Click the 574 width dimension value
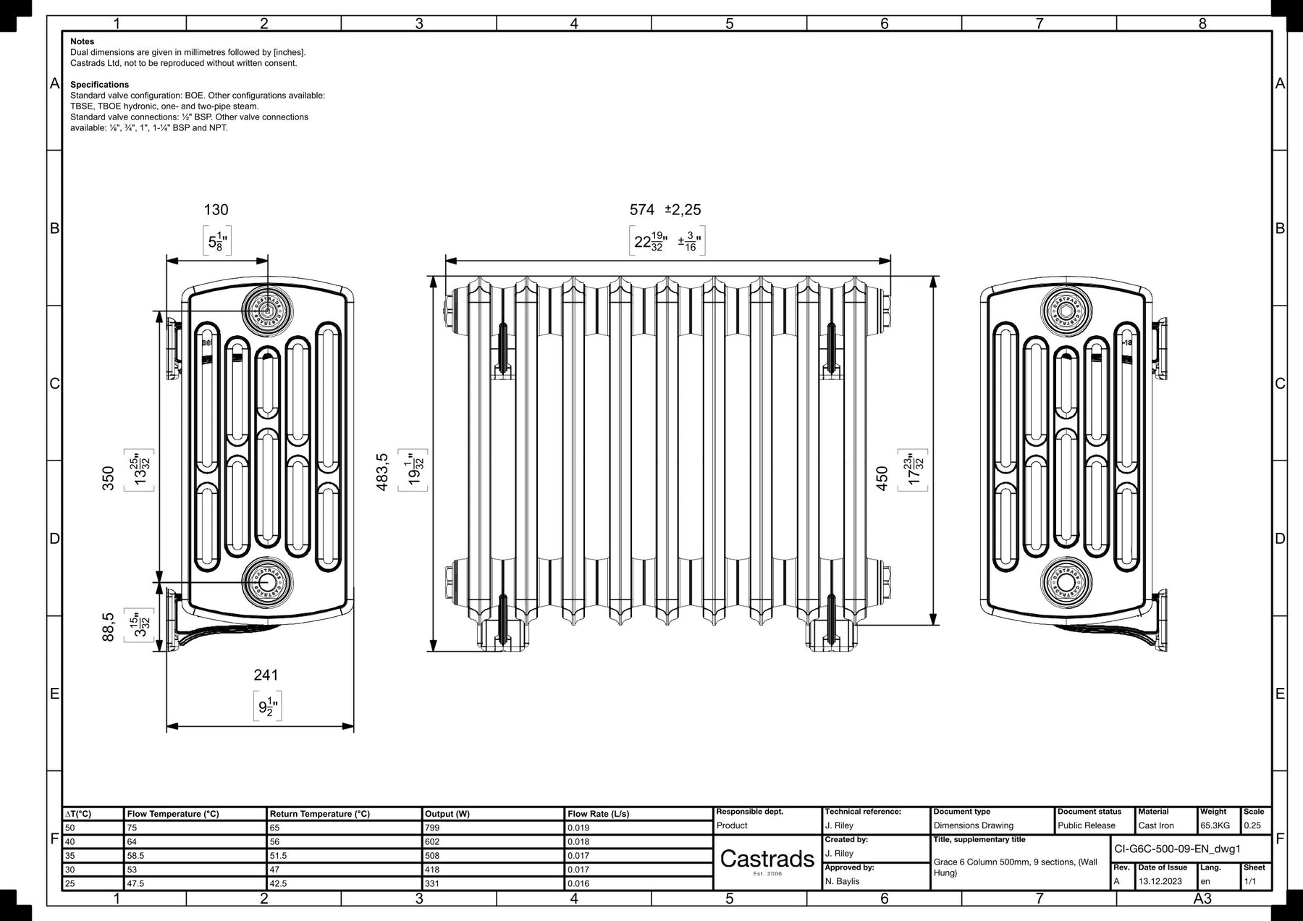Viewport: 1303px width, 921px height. [642, 210]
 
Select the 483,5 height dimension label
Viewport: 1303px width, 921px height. [382, 473]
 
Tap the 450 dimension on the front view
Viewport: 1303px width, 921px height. [882, 478]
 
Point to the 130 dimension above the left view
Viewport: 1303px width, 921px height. [216, 210]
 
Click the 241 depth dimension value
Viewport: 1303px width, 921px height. [266, 675]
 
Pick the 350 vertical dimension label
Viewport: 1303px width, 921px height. [108, 478]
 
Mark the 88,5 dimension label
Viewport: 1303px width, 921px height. [108, 627]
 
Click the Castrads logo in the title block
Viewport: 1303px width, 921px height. [767, 859]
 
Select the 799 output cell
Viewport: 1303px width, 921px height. [432, 828]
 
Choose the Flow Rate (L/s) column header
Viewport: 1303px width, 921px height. [598, 814]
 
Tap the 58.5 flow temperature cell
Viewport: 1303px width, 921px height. [135, 856]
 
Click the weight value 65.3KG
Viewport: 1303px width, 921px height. [1215, 825]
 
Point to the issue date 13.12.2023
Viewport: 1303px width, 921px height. [1160, 881]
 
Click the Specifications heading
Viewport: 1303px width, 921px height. [100, 85]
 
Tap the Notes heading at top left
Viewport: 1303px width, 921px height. [83, 42]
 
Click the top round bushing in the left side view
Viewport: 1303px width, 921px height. [267, 311]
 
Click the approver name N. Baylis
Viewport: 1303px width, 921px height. [843, 881]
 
